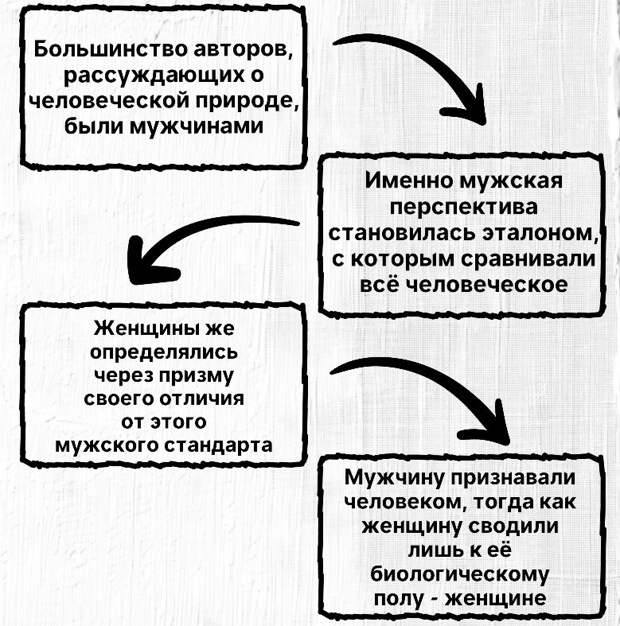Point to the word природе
[248, 101]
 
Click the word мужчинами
[197, 127]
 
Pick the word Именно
[410, 180]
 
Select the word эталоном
[541, 233]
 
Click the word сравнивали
[529, 260]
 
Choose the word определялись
[164, 353]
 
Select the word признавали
[513, 478]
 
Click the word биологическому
[460, 574]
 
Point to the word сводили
[514, 526]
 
